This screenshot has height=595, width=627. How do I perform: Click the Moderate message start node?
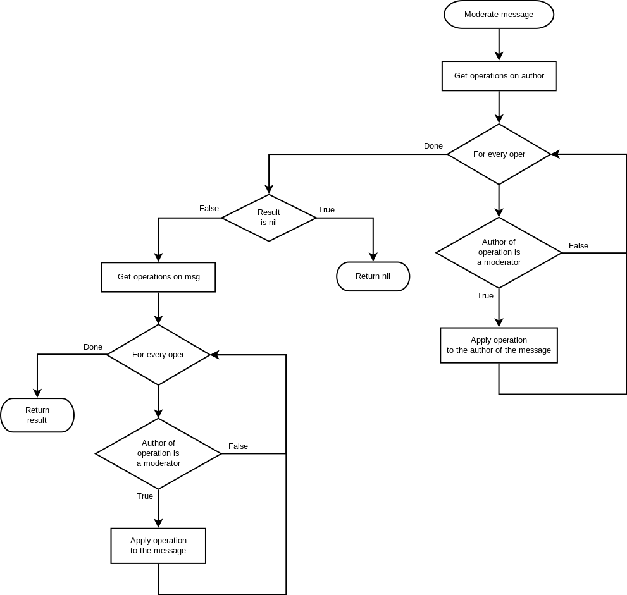499,15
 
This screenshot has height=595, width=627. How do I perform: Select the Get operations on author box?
499,76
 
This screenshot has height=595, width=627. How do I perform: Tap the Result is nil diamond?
268,218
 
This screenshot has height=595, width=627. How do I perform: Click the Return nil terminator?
373,276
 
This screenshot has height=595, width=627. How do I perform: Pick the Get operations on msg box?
158,277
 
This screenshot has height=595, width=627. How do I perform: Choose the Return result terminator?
37,415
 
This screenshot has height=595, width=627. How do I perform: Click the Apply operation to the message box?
158,546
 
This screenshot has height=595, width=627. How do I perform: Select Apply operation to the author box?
499,345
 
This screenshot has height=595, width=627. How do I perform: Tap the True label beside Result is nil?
326,210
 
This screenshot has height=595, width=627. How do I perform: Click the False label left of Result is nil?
209,209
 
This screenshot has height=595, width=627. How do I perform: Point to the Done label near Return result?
93,347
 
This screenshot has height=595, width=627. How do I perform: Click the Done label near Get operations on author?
433,146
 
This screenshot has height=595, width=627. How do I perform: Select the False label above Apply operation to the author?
578,246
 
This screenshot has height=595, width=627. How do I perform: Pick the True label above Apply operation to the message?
145,496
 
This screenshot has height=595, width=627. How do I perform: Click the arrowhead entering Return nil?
373,257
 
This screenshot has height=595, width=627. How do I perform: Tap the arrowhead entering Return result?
37,393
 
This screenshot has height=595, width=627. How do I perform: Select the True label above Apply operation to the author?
485,296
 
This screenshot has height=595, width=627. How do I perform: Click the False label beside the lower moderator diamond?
238,446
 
